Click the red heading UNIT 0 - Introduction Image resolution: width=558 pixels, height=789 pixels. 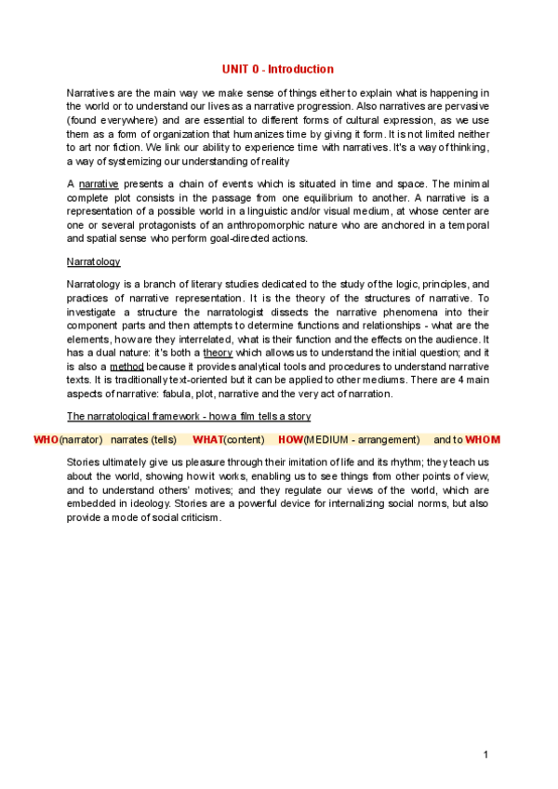point(277,70)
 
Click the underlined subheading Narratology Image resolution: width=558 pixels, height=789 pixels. point(94,262)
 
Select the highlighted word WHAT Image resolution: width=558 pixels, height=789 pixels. point(208,439)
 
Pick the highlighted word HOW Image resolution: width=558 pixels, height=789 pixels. point(290,439)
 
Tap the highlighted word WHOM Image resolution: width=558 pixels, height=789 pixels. point(483,439)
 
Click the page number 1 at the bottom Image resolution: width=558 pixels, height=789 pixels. point(485,754)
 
